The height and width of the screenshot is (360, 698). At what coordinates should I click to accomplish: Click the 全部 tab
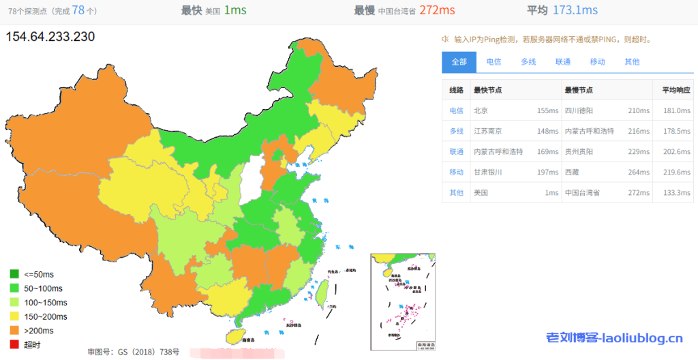point(459,62)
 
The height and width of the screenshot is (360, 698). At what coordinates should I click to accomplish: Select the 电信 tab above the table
point(494,62)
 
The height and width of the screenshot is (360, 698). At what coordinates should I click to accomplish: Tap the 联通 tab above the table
point(563,62)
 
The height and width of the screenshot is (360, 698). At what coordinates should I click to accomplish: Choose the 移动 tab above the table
point(597,62)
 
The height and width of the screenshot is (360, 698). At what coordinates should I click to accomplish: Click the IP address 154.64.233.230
point(50,37)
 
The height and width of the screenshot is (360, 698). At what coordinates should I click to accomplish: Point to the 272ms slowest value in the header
point(438,10)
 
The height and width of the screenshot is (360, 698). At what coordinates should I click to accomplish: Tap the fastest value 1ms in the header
point(235,10)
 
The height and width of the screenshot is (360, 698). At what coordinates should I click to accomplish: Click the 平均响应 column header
point(676,90)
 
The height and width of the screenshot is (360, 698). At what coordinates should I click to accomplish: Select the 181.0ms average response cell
point(676,110)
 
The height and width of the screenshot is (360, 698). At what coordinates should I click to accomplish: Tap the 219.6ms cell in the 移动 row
point(676,172)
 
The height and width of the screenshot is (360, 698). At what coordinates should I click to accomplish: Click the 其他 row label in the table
point(456,192)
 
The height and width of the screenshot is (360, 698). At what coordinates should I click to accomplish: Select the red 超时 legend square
point(14,344)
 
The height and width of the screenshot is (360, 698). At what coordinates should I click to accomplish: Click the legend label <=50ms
point(39,274)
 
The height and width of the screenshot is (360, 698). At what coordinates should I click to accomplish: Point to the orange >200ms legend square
point(14,330)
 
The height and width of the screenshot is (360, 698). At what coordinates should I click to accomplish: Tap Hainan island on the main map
point(234,335)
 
